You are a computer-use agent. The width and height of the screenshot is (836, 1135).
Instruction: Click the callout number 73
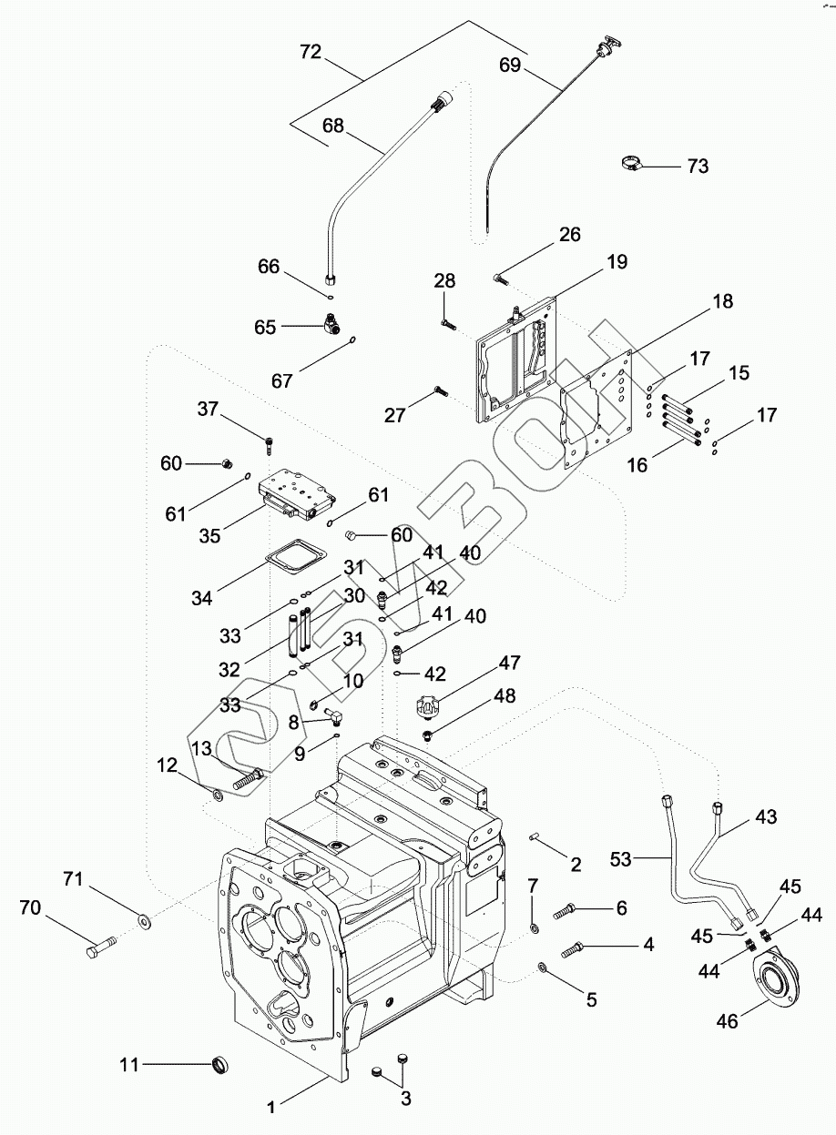[x=698, y=166]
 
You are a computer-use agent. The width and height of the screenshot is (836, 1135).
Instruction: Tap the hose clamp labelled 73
[x=633, y=163]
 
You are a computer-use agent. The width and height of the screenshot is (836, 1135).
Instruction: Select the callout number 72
[x=311, y=51]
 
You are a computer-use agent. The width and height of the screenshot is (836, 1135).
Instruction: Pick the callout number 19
[x=617, y=262]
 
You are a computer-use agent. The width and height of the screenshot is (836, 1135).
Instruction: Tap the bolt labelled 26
[x=500, y=279]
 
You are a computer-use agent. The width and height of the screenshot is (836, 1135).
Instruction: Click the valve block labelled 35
[x=297, y=495]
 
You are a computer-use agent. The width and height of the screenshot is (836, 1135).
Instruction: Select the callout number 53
[x=620, y=859]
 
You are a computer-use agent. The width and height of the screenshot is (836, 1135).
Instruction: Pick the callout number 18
[x=723, y=301]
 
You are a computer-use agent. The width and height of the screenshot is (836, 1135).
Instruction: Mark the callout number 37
[x=208, y=409]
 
